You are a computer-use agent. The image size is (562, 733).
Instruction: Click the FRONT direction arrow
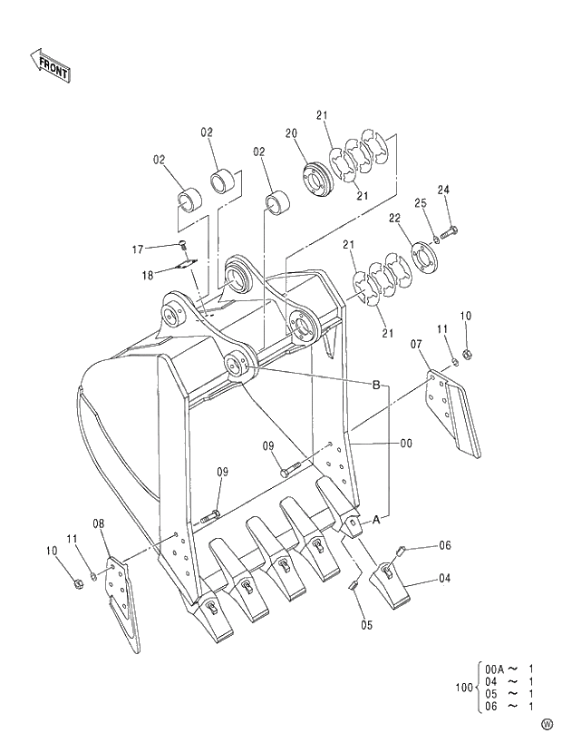(50, 66)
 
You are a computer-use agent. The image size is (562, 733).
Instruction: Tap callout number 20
(291, 133)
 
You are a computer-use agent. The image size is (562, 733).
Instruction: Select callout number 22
(395, 218)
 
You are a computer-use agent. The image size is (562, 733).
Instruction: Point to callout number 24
(443, 190)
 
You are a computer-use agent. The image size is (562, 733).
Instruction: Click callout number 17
(139, 249)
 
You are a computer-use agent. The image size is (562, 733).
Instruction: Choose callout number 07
(416, 344)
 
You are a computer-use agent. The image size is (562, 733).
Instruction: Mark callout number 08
(98, 523)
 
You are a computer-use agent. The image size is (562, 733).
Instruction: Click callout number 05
(366, 624)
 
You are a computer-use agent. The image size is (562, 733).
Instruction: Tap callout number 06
(444, 545)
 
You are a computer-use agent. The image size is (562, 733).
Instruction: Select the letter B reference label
(375, 385)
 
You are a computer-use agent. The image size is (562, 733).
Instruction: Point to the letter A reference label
(374, 519)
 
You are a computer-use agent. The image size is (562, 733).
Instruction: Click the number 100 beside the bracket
(463, 688)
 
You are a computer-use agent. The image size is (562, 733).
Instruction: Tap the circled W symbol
(546, 723)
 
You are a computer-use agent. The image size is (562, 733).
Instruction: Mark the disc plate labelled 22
(422, 255)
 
